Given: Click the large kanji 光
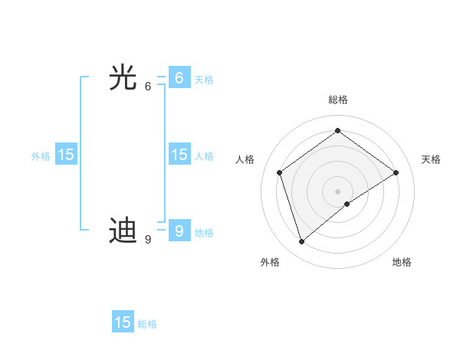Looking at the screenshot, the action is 123,78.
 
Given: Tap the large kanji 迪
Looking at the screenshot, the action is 123,231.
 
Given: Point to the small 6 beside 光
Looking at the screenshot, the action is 148,87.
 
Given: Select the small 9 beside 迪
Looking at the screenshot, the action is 148,240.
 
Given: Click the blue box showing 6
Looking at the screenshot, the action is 179,78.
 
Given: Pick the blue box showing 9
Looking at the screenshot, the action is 179,231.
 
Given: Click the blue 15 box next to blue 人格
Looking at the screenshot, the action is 179,155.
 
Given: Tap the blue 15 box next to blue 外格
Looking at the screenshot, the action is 66,155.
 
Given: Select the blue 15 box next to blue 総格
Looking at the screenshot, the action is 123,322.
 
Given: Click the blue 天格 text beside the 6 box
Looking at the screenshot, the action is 204,80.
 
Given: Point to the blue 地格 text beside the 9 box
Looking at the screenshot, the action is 204,233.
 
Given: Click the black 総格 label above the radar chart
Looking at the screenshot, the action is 337,100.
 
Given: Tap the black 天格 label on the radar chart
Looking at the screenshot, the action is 431,159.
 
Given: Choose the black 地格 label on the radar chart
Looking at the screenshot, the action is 402,262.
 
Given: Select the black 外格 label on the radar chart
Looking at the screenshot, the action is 270,262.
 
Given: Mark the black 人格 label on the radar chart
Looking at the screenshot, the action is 245,159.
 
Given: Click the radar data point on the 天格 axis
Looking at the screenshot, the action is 396,172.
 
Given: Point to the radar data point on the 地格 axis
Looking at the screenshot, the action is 347,204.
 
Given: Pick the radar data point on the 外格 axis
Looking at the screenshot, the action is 302,242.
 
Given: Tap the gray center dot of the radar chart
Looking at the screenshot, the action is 337,191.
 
